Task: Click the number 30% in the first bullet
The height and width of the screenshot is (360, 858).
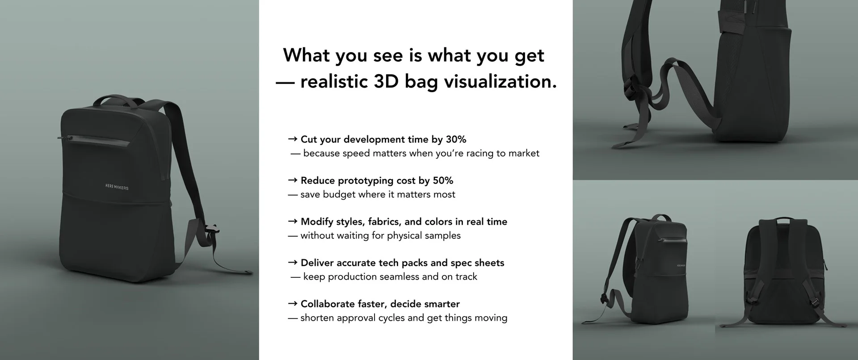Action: click(x=456, y=139)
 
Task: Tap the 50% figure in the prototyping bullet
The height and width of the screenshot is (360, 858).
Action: click(x=443, y=180)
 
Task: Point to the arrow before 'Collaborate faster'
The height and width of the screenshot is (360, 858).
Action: click(x=293, y=304)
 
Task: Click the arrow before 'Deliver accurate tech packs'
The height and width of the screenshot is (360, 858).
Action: click(x=293, y=263)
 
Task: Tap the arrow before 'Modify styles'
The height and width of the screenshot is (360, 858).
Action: click(x=293, y=222)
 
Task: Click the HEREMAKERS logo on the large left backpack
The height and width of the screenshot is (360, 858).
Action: click(x=117, y=187)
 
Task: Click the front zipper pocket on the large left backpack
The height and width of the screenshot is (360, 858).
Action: click(x=95, y=140)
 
